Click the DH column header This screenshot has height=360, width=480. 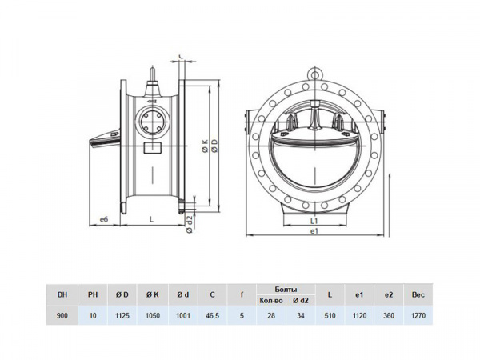coord(62,294)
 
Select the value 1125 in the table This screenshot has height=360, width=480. coord(122,315)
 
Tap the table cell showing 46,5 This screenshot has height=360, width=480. coord(212,315)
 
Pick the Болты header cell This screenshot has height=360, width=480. coord(286,290)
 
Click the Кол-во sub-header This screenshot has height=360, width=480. coord(271,300)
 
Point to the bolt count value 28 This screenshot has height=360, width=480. coord(271,315)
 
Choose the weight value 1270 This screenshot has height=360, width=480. coord(418,315)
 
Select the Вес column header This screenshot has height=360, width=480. coord(418,294)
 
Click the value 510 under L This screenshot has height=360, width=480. coord(330,315)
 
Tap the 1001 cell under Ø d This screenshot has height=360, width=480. coord(182,315)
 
